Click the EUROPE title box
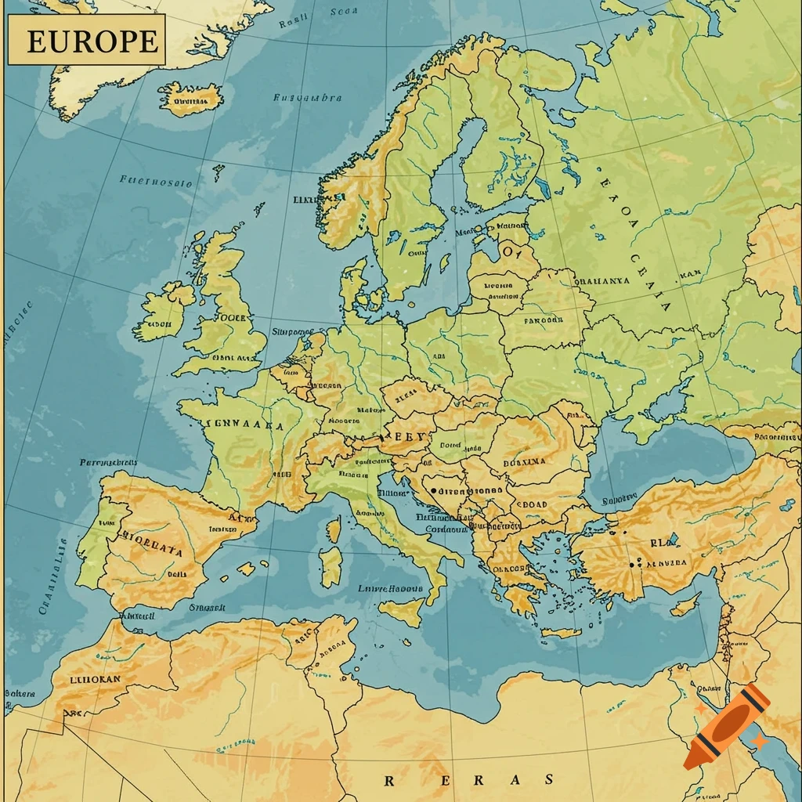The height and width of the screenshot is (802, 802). click(x=86, y=40)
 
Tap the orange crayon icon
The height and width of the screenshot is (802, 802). click(x=728, y=725)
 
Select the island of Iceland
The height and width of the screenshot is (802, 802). click(x=190, y=99)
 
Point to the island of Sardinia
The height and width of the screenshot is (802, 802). click(x=331, y=566)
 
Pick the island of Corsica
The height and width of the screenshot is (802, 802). click(x=334, y=530)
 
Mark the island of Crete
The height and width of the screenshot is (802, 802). click(x=561, y=632)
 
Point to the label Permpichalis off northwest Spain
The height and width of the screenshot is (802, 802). click(x=109, y=462)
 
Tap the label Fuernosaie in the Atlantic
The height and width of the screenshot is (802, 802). click(x=156, y=181)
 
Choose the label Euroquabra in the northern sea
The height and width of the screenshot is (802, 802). click(x=307, y=98)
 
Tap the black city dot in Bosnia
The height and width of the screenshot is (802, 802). click(x=433, y=491)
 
